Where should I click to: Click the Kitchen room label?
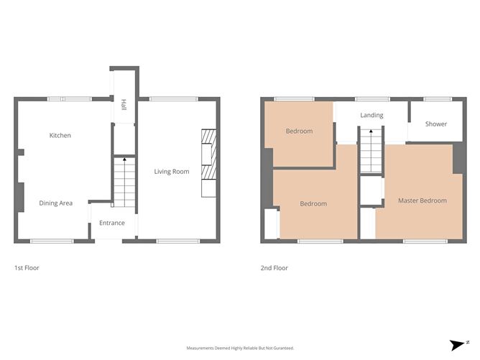point(60,135)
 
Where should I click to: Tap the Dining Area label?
point(55,203)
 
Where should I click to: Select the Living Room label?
point(172,172)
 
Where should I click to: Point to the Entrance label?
point(112,223)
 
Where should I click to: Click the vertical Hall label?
point(124,105)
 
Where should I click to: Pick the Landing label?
point(371,115)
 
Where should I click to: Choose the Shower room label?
point(435,124)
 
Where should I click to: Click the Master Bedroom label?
point(422,200)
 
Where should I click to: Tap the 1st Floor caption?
point(27,268)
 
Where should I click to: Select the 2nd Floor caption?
point(274,268)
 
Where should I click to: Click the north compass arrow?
point(458,346)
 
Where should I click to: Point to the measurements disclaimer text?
point(240,348)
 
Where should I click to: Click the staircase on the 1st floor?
point(124,183)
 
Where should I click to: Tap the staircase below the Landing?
point(369,151)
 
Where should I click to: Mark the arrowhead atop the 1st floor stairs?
point(124,159)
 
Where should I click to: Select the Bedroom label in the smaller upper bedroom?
point(299,131)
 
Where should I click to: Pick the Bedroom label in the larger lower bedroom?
point(313,203)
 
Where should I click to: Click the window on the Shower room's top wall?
point(433,99)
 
